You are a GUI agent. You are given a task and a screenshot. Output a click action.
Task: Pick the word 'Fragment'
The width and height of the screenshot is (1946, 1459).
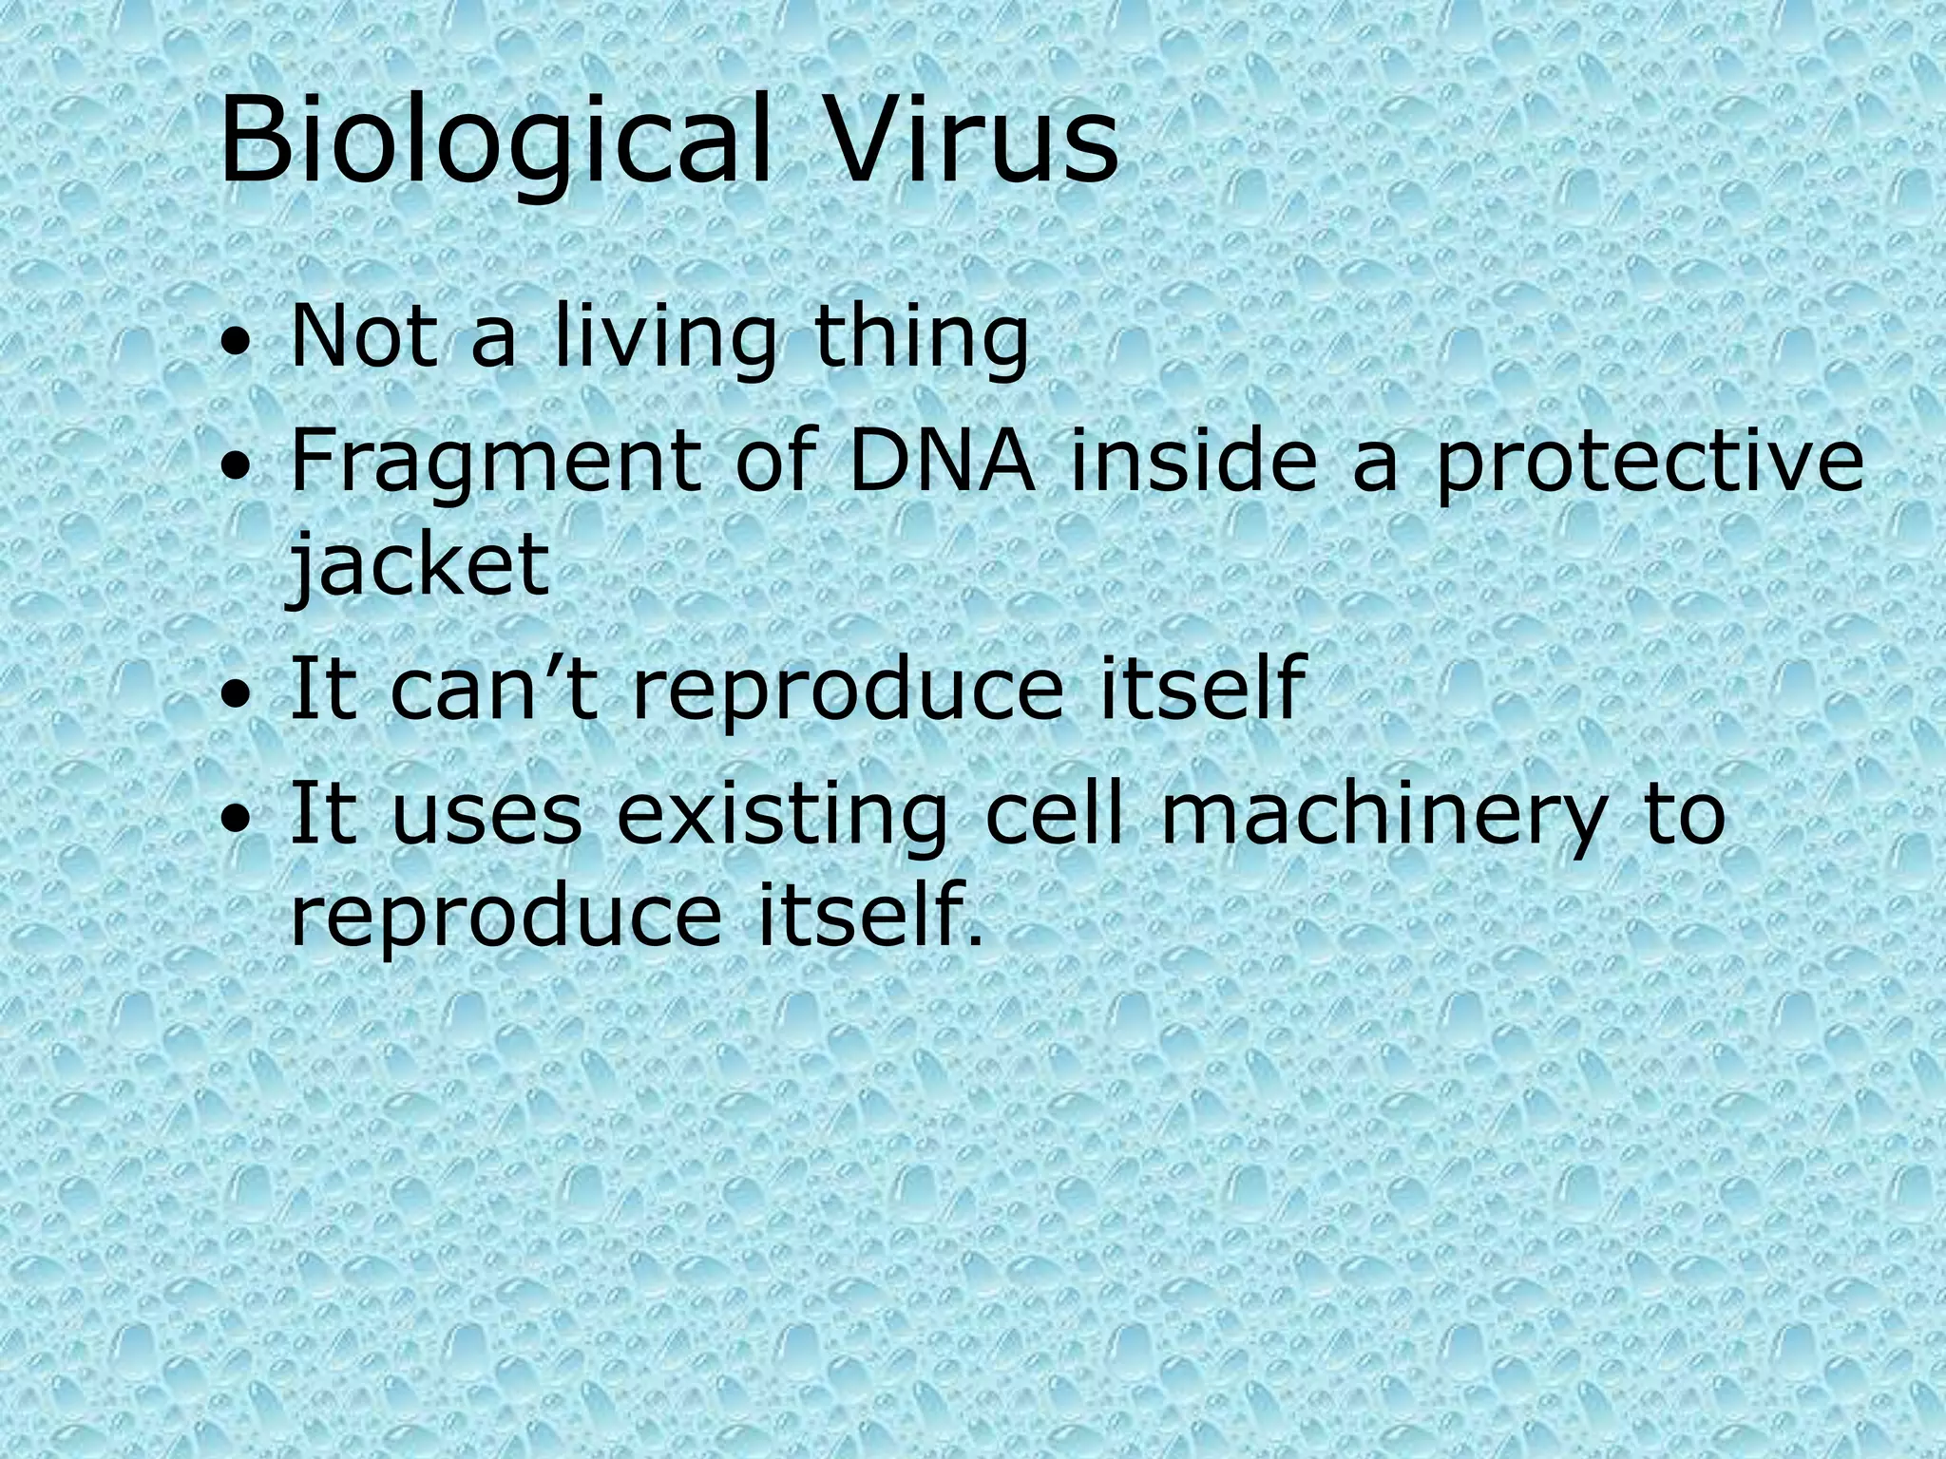pyautogui.click(x=494, y=464)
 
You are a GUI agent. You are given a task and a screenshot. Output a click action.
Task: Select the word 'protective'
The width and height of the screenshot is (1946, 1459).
pyautogui.click(x=1649, y=464)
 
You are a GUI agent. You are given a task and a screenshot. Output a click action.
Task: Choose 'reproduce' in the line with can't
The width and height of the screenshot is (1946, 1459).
pyautogui.click(x=847, y=692)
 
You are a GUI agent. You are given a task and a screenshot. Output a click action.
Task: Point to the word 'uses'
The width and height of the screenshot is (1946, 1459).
pyautogui.click(x=486, y=813)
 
